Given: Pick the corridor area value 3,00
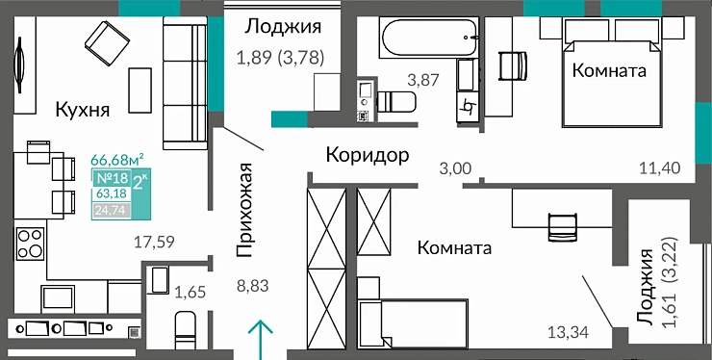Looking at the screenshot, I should coord(455,168).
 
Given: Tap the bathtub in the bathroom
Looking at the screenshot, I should coord(429,41).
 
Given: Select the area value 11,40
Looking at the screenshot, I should coord(659,168).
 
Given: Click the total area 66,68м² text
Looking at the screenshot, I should coord(117,159).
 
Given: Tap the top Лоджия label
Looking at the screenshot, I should coord(282,26).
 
